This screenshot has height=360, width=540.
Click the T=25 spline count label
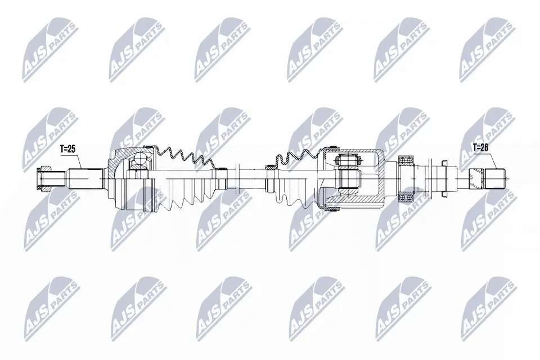click(x=67, y=149)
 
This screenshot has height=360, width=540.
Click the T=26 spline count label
click(x=481, y=147)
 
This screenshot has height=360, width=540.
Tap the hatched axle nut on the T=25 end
click(x=44, y=179)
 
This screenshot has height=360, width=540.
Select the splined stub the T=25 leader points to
click(x=85, y=178)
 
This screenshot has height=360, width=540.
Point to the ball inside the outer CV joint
click(x=141, y=160)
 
